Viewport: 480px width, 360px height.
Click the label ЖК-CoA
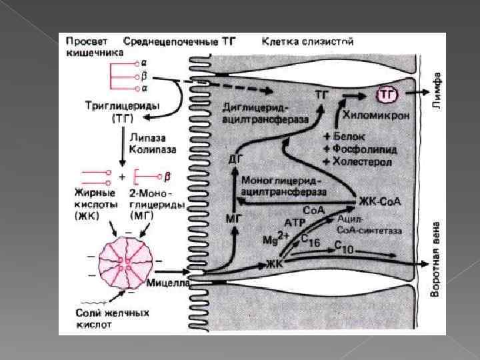[379, 201]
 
